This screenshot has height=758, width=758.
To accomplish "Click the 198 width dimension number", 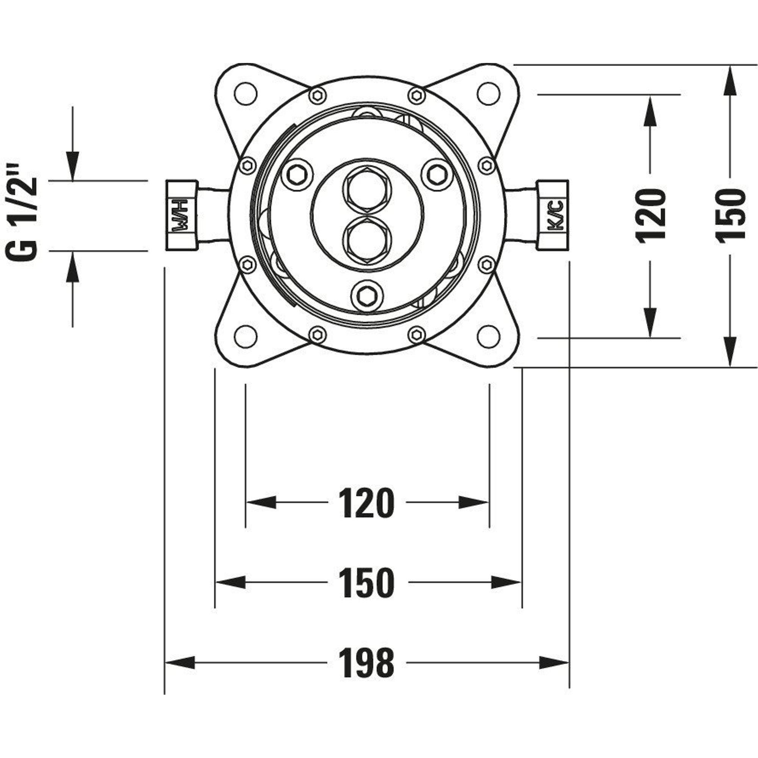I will click(x=366, y=663).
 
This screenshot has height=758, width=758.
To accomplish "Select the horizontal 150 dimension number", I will click(x=366, y=583).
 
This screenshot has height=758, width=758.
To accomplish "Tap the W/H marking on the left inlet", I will click(x=182, y=215).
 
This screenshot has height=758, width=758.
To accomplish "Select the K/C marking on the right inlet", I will click(x=553, y=215).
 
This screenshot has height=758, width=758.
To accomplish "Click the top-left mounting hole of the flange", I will click(x=245, y=94).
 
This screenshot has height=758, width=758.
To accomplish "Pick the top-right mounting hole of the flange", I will click(x=489, y=94).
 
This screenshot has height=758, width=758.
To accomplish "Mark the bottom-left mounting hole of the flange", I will click(x=245, y=337).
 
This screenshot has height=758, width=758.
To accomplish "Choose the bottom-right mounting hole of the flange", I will click(x=489, y=337).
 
